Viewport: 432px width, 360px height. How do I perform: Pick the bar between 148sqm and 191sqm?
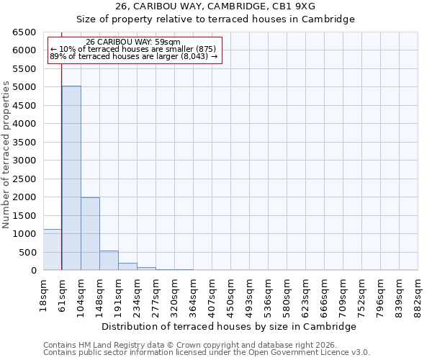click(109, 261)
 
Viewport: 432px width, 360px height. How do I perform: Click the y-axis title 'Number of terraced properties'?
click(6, 155)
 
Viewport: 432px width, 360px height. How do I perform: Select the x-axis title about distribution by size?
click(230, 326)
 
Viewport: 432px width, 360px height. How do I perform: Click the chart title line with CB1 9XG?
click(215, 6)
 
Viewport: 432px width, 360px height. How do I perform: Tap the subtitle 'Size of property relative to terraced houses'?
click(215, 19)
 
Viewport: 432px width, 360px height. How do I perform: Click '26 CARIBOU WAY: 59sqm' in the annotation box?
click(133, 42)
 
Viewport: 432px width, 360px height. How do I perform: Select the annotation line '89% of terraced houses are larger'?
click(133, 56)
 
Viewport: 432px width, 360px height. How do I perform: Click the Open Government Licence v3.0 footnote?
click(206, 353)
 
